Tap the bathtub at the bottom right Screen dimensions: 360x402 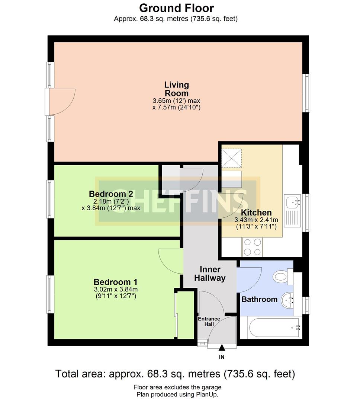click(274, 328)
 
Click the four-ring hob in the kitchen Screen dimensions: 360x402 click(253, 247)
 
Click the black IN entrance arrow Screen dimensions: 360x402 click(222, 347)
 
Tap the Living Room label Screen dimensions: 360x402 click(177, 89)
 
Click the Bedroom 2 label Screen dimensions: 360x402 click(111, 194)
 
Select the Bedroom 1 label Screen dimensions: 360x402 click(116, 282)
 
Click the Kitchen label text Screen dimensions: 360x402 click(256, 213)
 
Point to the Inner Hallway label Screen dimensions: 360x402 click(210, 274)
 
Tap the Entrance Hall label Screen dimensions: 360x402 click(209, 321)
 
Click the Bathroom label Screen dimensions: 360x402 click(260, 299)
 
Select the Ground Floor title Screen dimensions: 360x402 click(177, 8)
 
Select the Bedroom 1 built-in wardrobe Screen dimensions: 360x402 click(186, 315)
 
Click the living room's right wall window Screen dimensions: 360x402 click(306, 93)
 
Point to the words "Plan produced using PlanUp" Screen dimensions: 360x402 click(177, 394)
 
